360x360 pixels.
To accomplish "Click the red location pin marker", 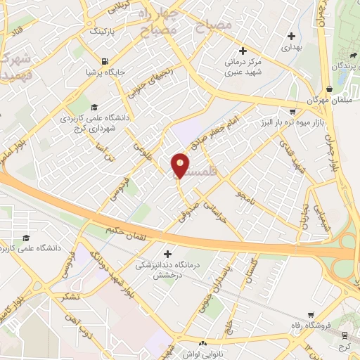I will pyautogui.click(x=181, y=165).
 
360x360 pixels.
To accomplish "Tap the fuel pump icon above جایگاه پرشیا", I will pyautogui.click(x=105, y=60).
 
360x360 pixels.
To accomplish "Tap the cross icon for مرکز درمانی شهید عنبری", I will pyautogui.click(x=243, y=51).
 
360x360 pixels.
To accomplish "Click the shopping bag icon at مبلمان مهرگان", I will pyautogui.click(x=329, y=89).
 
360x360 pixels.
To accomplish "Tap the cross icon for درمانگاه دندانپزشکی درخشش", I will pyautogui.click(x=167, y=254).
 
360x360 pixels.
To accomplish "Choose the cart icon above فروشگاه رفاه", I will pyautogui.click(x=311, y=316).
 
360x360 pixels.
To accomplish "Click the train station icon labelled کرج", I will pyautogui.click(x=345, y=336).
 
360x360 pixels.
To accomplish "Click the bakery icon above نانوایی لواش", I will pyautogui.click(x=202, y=345).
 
